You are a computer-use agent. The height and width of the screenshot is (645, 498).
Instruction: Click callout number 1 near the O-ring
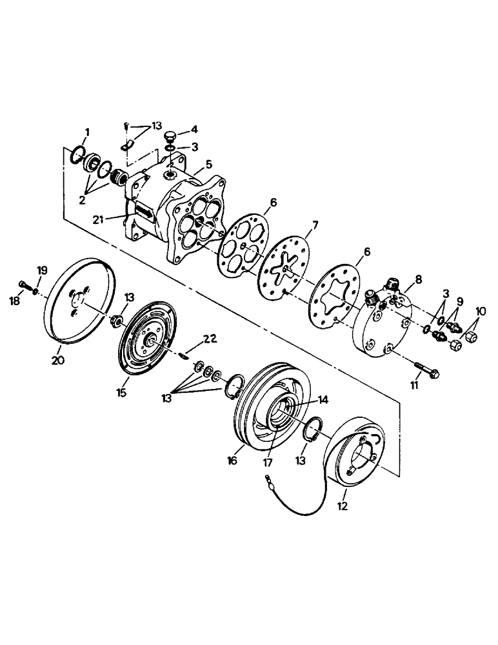coord(88,132)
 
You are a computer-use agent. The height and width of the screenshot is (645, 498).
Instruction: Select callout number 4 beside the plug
coord(194,129)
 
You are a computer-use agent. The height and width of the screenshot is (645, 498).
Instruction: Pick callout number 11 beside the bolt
coord(414,385)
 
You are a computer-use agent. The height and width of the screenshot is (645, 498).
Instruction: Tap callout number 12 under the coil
coord(342,506)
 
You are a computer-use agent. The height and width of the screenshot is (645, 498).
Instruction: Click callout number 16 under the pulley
coord(232,461)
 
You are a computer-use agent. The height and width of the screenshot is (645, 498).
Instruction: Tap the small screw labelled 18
coord(23,284)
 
